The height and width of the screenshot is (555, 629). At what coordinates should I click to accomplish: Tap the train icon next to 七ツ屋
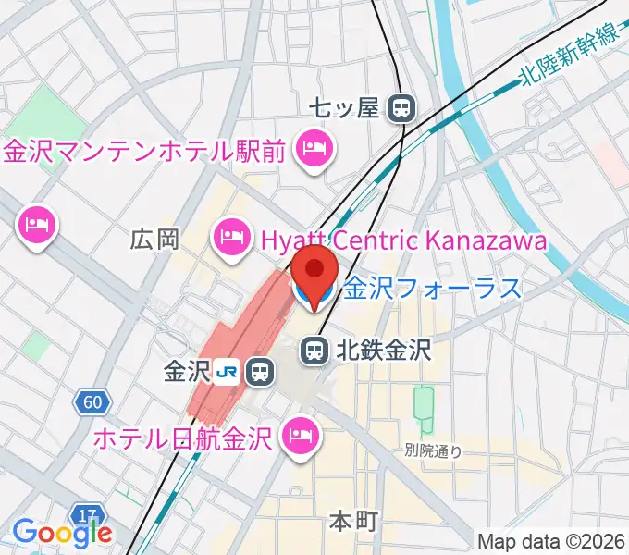[401, 109]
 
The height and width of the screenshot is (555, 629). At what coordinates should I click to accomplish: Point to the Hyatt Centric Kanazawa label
[403, 240]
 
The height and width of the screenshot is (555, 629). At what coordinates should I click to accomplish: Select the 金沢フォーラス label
[433, 290]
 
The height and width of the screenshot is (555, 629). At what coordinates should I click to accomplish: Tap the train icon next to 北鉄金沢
[314, 351]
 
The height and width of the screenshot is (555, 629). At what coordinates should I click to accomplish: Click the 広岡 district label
[154, 240]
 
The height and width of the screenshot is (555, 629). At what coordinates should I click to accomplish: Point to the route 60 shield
[92, 402]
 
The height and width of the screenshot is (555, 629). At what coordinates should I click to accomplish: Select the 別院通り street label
[433, 451]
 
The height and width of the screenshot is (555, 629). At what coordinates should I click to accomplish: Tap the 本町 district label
[353, 522]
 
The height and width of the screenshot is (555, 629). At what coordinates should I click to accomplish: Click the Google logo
[62, 532]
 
